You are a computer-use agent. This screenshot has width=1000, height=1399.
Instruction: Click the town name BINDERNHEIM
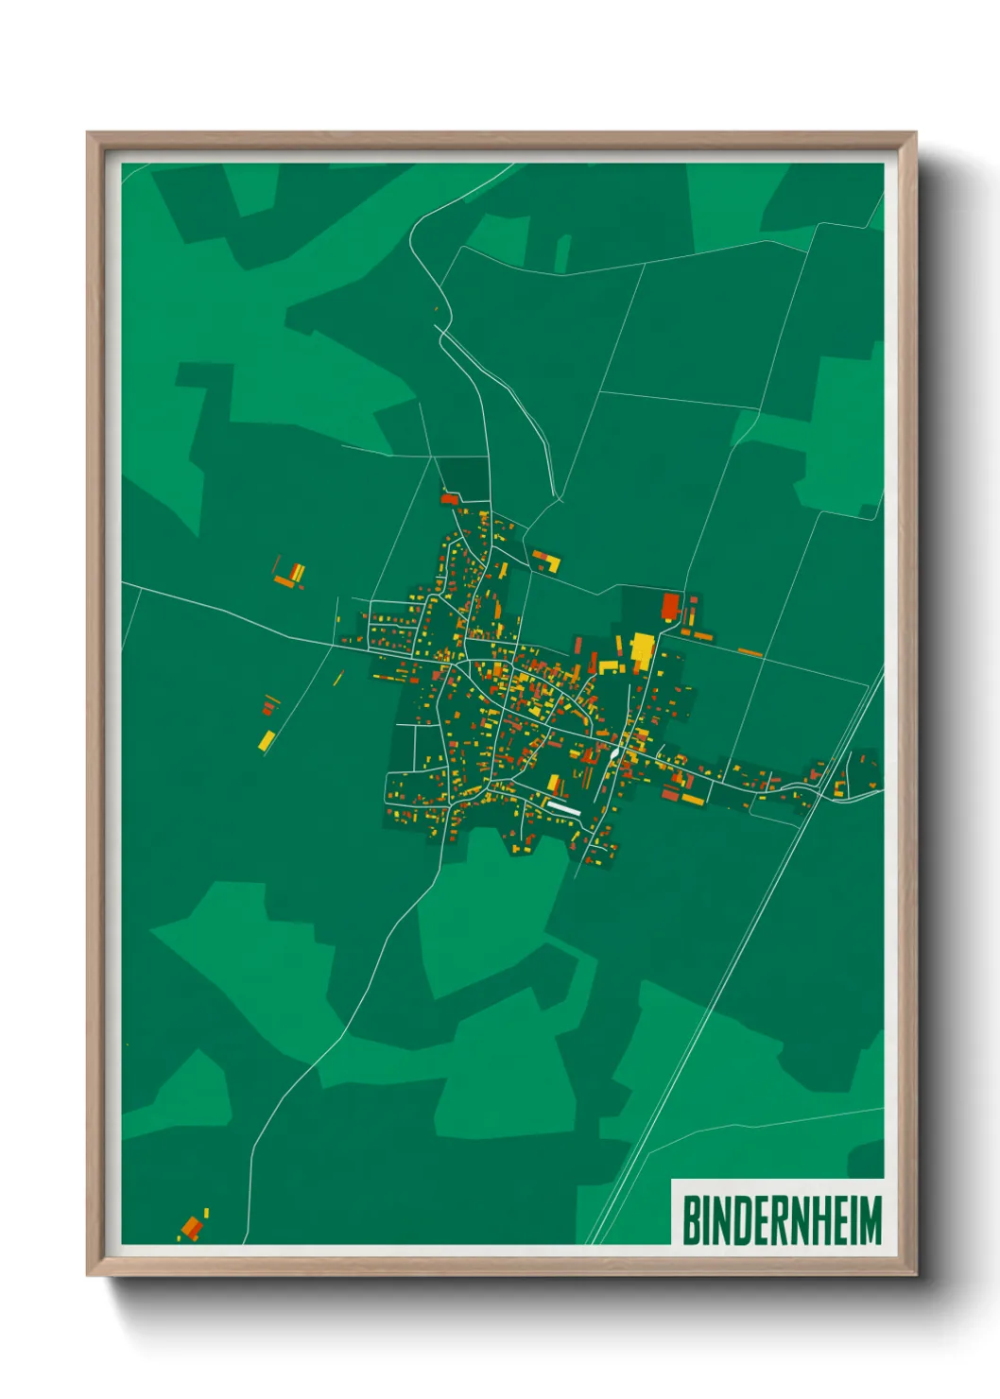click(x=782, y=1219)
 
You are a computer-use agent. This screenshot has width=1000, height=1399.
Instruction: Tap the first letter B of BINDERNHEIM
click(x=691, y=1219)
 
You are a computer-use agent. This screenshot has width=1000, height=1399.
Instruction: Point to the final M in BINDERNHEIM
click(x=871, y=1219)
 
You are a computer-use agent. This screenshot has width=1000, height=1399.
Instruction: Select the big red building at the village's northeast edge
click(x=670, y=605)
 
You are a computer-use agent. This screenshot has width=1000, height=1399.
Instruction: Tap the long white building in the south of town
click(x=564, y=808)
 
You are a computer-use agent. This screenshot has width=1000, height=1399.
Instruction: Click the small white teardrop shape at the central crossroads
click(x=615, y=751)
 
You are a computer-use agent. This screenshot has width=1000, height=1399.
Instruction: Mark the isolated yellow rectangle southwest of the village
click(x=267, y=739)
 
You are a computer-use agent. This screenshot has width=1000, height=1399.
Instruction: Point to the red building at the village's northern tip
click(x=449, y=498)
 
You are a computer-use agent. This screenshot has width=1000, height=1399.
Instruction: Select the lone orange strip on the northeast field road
click(x=750, y=651)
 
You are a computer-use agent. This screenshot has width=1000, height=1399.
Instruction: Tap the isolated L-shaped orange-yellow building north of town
click(x=547, y=561)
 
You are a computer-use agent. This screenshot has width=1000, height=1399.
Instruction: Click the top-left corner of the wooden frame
click(x=89, y=134)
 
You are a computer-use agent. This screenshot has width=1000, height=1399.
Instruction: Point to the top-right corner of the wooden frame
click(x=915, y=134)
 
